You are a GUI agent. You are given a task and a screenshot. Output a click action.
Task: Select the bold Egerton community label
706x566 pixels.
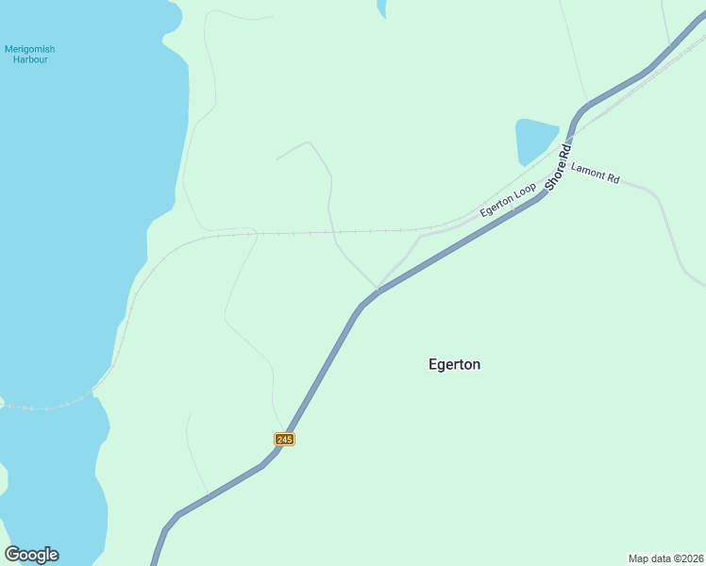(454, 364)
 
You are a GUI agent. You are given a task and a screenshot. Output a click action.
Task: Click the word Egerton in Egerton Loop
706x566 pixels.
(497, 205)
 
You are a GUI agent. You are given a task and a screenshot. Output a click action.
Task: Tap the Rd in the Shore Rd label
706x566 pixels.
(566, 150)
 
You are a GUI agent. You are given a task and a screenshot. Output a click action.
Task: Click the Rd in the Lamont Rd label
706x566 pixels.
(613, 178)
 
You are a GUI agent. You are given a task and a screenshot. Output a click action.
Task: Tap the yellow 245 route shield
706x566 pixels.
(285, 439)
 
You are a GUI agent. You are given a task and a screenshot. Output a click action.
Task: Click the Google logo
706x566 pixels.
(31, 555)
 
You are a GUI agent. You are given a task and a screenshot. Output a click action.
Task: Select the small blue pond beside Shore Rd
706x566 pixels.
(534, 140)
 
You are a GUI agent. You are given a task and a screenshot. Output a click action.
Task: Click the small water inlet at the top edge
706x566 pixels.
(381, 8)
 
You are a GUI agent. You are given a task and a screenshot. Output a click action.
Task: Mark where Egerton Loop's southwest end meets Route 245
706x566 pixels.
(378, 290)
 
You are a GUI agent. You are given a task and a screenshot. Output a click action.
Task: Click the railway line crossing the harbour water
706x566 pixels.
(47, 408)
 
